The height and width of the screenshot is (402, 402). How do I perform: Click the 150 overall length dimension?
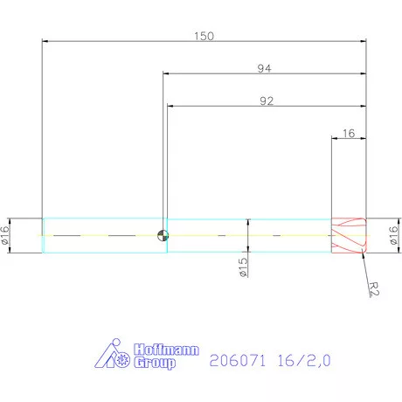pos(204,37)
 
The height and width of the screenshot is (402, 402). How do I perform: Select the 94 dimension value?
pos(263,68)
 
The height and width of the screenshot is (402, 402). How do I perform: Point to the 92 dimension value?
pos(267,100)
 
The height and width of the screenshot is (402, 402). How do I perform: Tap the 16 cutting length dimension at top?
pos(348,133)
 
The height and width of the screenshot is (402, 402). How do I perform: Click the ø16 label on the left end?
pos(6,235)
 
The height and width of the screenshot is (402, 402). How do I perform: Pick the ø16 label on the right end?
pos(392,235)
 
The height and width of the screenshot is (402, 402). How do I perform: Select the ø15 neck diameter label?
pos(243,267)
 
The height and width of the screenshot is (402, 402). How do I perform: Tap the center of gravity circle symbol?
pos(162,235)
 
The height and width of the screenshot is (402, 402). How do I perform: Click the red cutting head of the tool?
pos(348,235)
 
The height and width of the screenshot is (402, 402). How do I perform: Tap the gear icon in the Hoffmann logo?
pos(122,359)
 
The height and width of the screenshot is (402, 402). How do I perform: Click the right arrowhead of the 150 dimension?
pos(362,41)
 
